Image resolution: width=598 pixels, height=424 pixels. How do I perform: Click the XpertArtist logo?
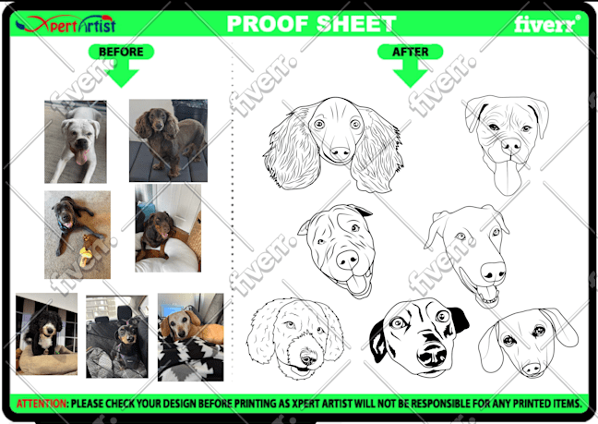(x=66, y=24)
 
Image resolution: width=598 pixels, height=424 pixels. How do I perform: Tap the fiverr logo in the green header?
(x=547, y=24)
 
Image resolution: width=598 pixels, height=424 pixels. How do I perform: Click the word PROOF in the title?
(x=268, y=24)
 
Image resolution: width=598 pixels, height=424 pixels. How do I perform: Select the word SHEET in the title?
(x=356, y=24)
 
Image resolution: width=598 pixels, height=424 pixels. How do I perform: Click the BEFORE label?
(x=121, y=52)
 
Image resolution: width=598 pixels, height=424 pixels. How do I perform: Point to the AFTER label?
(x=411, y=52)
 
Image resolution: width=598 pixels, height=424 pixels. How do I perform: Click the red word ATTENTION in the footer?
(x=42, y=404)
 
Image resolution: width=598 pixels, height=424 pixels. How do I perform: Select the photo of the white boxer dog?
(x=76, y=141)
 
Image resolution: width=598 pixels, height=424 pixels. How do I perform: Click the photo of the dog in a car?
(x=116, y=336)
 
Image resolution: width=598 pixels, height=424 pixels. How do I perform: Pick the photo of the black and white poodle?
(x=46, y=333)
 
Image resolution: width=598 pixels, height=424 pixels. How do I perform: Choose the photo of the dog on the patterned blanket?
(x=191, y=337)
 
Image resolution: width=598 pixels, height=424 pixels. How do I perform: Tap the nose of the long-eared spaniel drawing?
(x=340, y=153)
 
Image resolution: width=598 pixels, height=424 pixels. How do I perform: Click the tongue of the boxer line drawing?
(x=508, y=177)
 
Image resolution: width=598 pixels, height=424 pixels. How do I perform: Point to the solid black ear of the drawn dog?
(x=460, y=319)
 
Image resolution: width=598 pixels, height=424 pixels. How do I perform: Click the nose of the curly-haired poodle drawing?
(x=307, y=357)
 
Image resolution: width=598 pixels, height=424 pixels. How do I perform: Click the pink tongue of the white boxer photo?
(x=82, y=157)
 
